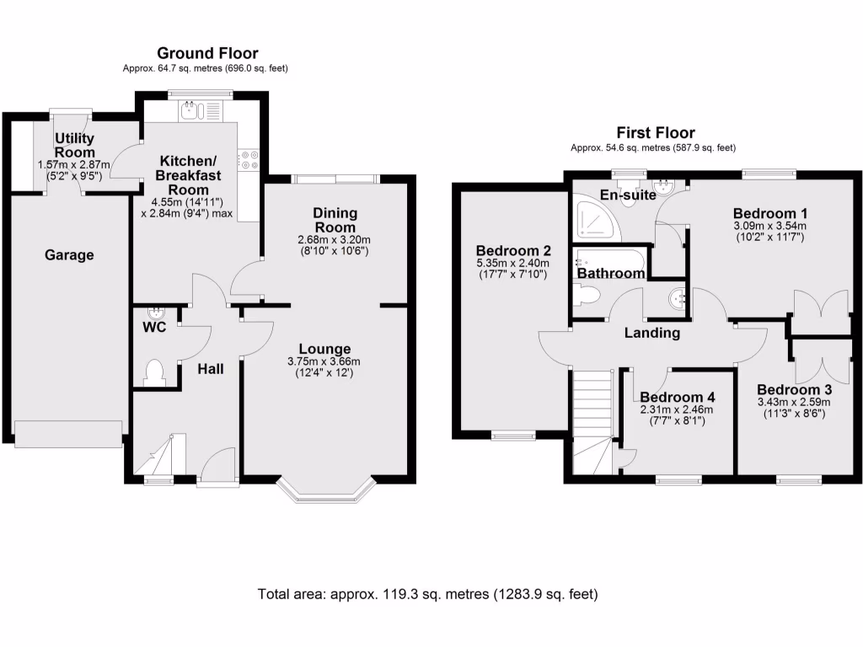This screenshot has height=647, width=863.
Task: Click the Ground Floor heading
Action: pos(207,54)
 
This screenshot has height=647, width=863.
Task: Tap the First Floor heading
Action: pos(655,132)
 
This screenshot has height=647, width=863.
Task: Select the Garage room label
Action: pos(69,255)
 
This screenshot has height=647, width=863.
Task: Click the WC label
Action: pos(153,326)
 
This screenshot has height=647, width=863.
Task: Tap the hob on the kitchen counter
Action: pos(249,160)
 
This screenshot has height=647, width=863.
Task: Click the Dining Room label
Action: pos(335,220)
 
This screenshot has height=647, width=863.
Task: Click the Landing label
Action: pos(651,333)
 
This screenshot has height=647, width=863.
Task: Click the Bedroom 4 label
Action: pos(677,397)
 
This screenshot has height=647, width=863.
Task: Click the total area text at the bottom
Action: pos(428,594)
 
